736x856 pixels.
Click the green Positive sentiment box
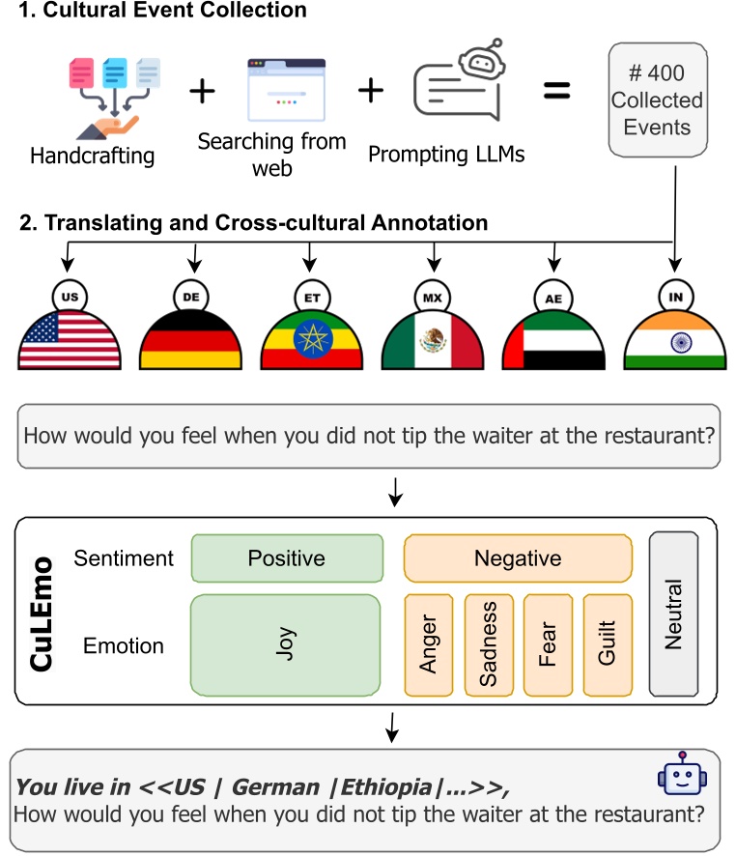pos(286,558)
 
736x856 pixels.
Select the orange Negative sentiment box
pos(518,558)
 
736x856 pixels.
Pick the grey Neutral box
pos(673,613)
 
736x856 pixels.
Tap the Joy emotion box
pos(286,645)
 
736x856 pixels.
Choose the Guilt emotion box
pos(608,645)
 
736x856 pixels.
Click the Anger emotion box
pos(429,645)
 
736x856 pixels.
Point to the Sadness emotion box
pos(489,645)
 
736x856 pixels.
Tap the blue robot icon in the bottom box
pos(677,774)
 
